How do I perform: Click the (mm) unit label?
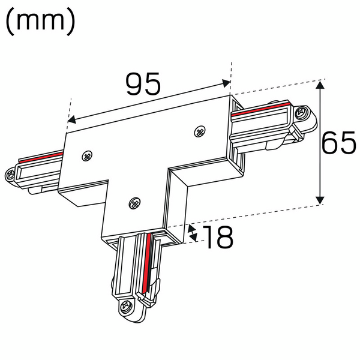[41, 22]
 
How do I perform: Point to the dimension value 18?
[217, 238]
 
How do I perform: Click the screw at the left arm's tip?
[11, 175]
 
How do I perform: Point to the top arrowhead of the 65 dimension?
[322, 86]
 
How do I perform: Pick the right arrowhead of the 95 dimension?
[226, 83]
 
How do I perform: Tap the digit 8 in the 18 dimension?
[223, 238]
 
